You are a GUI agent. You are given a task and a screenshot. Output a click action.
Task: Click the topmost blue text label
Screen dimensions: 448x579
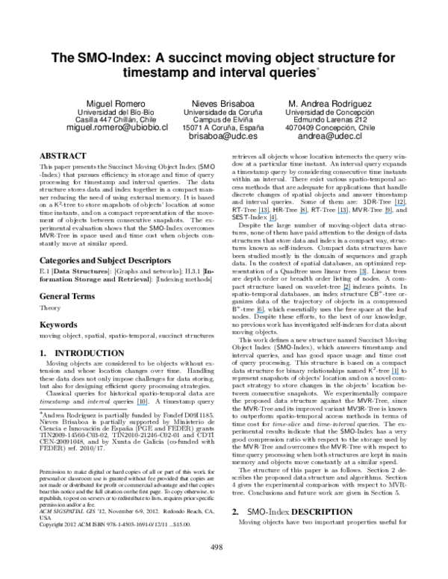pos(399,205)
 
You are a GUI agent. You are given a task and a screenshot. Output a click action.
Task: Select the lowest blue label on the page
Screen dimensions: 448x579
pos(142,405)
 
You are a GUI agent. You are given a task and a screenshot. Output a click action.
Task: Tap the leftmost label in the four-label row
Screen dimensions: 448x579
pos(263,213)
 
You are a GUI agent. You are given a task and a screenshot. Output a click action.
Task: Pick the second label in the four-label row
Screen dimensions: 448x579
pos(302,214)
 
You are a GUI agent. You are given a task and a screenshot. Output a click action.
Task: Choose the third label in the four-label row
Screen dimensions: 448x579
pos(342,214)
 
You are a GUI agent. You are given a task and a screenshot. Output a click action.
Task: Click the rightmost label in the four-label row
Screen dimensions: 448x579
pos(388,214)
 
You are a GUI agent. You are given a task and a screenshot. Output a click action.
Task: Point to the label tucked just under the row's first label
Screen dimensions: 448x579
pos(272,221)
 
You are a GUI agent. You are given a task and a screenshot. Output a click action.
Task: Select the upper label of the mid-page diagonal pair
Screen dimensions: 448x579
pos(363,275)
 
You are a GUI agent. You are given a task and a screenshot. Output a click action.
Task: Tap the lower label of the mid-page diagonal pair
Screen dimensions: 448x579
pos(346,289)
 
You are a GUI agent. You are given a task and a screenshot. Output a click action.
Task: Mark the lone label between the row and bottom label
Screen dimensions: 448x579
pos(260,313)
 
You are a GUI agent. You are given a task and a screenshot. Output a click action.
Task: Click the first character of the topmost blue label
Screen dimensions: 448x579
pos(395,205)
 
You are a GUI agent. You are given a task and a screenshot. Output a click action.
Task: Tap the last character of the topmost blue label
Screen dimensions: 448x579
pos(404,205)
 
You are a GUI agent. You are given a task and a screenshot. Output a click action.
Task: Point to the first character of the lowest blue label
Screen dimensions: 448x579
pos(137,405)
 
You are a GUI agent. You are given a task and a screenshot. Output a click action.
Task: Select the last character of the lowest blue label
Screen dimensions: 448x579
pos(146,405)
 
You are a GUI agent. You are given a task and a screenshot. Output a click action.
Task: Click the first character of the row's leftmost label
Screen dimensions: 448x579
pos(258,213)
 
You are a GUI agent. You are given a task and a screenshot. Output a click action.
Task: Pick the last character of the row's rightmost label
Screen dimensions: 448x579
pos(391,214)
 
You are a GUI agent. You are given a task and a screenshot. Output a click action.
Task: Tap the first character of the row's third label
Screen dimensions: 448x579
pos(337,214)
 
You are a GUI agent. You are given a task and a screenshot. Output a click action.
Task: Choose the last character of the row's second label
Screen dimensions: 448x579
pos(306,214)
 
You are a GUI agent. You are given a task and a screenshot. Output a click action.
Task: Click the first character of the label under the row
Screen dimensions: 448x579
pos(269,221)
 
